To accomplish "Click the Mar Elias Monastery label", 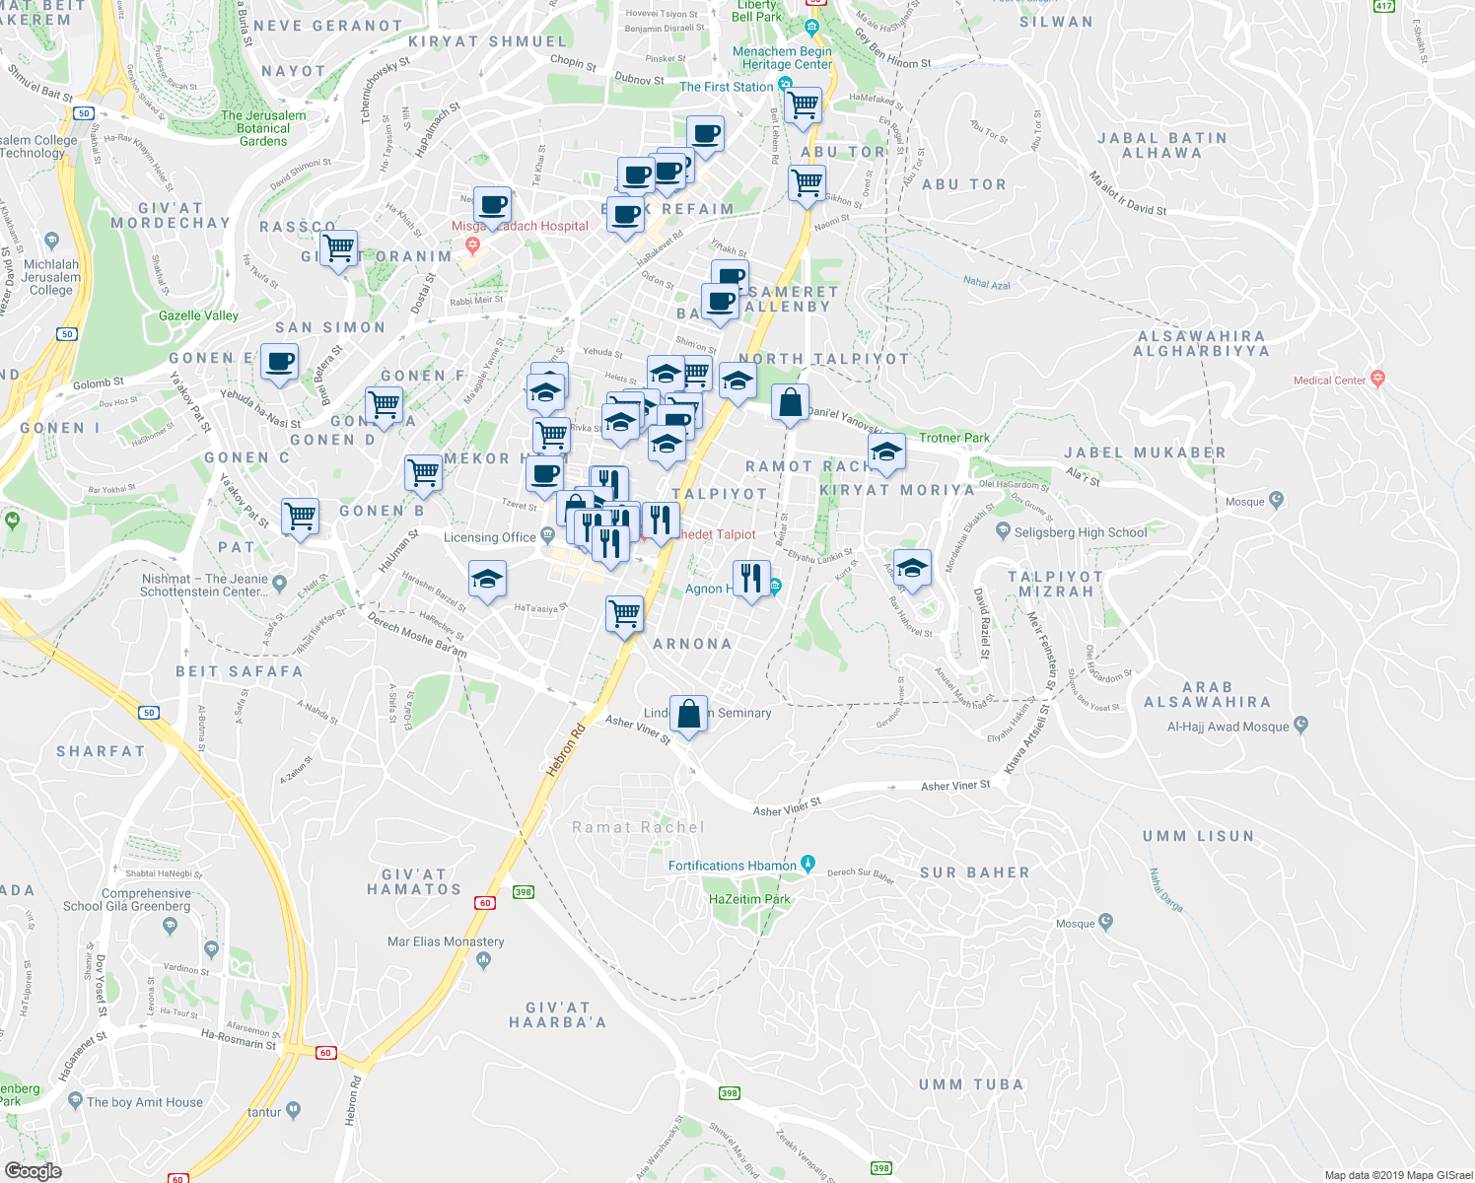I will pyautogui.click(x=446, y=941).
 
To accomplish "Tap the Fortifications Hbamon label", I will pyautogui.click(x=733, y=866).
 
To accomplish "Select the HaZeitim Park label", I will pyautogui.click(x=749, y=899).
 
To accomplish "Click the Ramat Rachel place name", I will pyautogui.click(x=639, y=827).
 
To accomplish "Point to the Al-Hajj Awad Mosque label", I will pyautogui.click(x=1228, y=727).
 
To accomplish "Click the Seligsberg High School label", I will pyautogui.click(x=1081, y=532).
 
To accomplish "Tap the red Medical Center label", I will pyautogui.click(x=1329, y=380).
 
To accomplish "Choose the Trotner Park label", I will pyautogui.click(x=954, y=438).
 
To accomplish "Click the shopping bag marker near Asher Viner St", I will pyautogui.click(x=688, y=713).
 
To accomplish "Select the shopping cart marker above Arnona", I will pyautogui.click(x=624, y=613).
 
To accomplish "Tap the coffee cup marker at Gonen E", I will pyautogui.click(x=279, y=362).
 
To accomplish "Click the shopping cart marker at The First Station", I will pyautogui.click(x=804, y=104).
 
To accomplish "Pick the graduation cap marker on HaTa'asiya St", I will pyautogui.click(x=487, y=579).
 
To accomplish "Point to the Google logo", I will pyautogui.click(x=33, y=1170).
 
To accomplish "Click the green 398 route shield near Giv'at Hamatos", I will pyautogui.click(x=523, y=891).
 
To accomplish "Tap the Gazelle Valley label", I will pyautogui.click(x=198, y=315).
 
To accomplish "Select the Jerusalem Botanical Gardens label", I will pyautogui.click(x=263, y=128).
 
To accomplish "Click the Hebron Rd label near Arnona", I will pyautogui.click(x=565, y=750).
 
